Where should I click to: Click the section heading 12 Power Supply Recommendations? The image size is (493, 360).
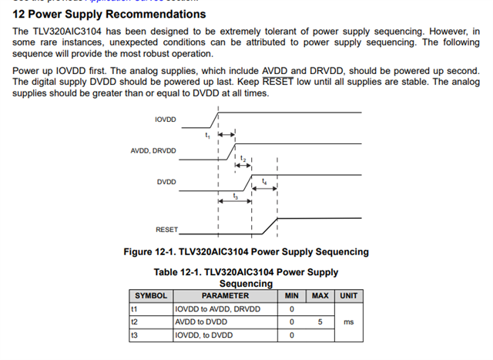[x=109, y=14]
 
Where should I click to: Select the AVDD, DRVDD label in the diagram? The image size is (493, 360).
[x=153, y=150]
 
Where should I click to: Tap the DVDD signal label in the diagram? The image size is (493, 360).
[x=166, y=182]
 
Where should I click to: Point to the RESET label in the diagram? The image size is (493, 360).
[x=166, y=230]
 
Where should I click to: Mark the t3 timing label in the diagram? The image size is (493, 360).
[x=234, y=196]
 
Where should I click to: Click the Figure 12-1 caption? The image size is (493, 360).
[x=246, y=252]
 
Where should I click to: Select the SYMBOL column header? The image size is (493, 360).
[x=151, y=296]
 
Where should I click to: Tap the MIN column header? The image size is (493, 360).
[x=292, y=296]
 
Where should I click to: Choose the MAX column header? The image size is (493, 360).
[x=320, y=296]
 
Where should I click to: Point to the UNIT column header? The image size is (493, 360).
[x=348, y=296]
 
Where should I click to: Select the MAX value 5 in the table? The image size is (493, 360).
[x=320, y=322]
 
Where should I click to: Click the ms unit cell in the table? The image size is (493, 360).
[x=348, y=322]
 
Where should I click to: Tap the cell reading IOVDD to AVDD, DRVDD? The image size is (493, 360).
[x=218, y=309]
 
